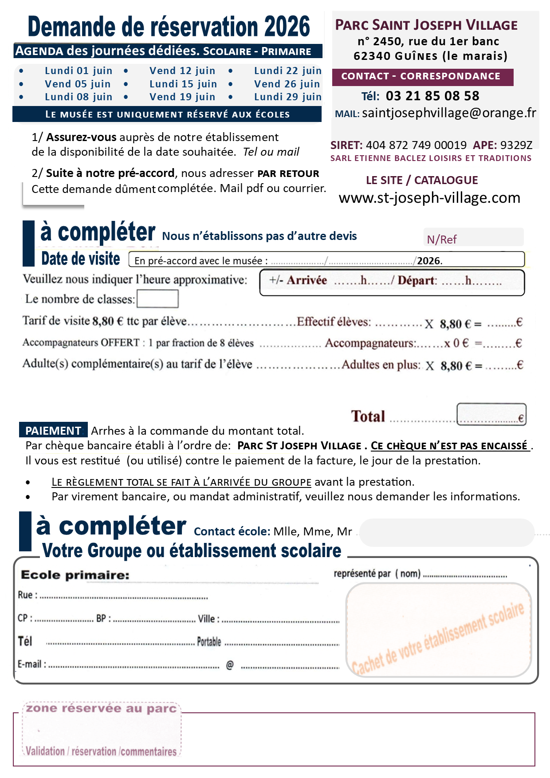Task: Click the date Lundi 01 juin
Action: click(79, 71)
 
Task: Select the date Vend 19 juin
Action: click(182, 97)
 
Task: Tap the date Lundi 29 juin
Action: click(288, 97)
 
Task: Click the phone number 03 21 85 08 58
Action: click(432, 96)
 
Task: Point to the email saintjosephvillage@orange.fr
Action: click(449, 113)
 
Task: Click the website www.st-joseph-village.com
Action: click(429, 197)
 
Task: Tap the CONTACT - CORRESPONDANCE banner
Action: click(420, 76)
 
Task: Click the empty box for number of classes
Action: click(157, 299)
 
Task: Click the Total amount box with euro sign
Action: click(491, 415)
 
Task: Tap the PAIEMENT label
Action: click(53, 431)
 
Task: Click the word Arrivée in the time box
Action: click(306, 280)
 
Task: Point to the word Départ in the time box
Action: click(417, 280)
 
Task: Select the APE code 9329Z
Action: click(516, 145)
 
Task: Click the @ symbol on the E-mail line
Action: click(230, 665)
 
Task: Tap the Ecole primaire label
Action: click(75, 575)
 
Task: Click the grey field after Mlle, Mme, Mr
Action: click(446, 532)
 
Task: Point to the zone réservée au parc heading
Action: click(101, 708)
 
